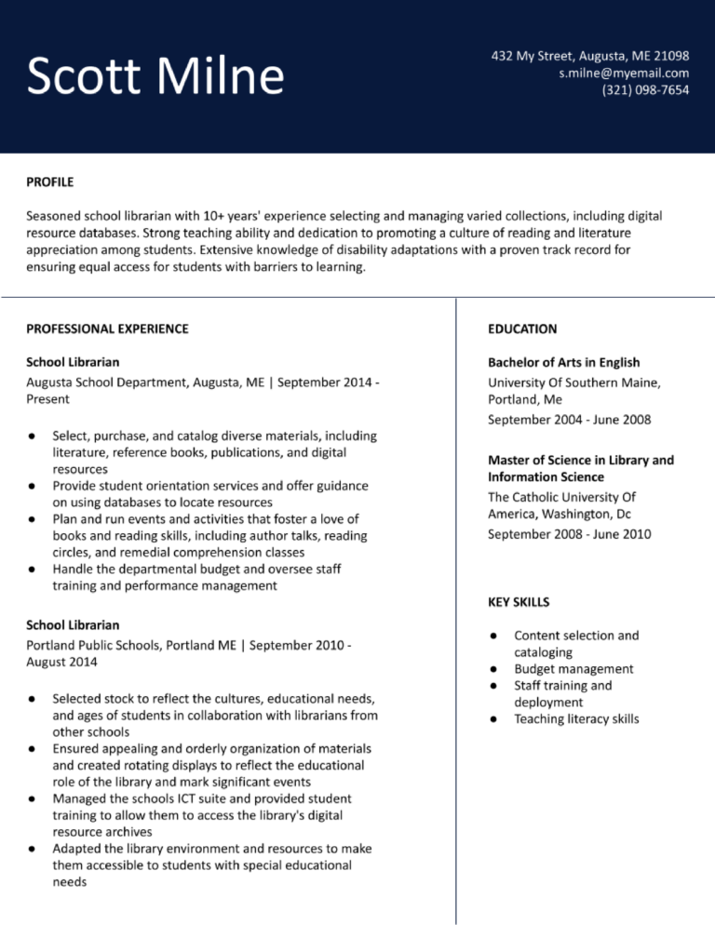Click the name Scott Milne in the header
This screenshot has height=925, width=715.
click(155, 76)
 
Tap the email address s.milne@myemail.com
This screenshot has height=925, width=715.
click(624, 73)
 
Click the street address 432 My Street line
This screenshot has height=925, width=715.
click(590, 56)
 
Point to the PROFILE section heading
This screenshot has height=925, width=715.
click(49, 181)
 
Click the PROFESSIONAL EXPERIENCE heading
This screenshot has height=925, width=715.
click(107, 328)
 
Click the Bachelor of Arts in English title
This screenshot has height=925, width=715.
click(563, 362)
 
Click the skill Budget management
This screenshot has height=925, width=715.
click(573, 669)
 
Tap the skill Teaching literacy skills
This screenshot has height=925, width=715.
click(576, 719)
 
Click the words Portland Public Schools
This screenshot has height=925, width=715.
click(94, 645)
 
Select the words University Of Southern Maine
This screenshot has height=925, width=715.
click(573, 382)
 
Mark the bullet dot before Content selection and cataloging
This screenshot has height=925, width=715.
click(494, 637)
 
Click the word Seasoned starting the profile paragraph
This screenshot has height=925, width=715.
click(54, 216)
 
